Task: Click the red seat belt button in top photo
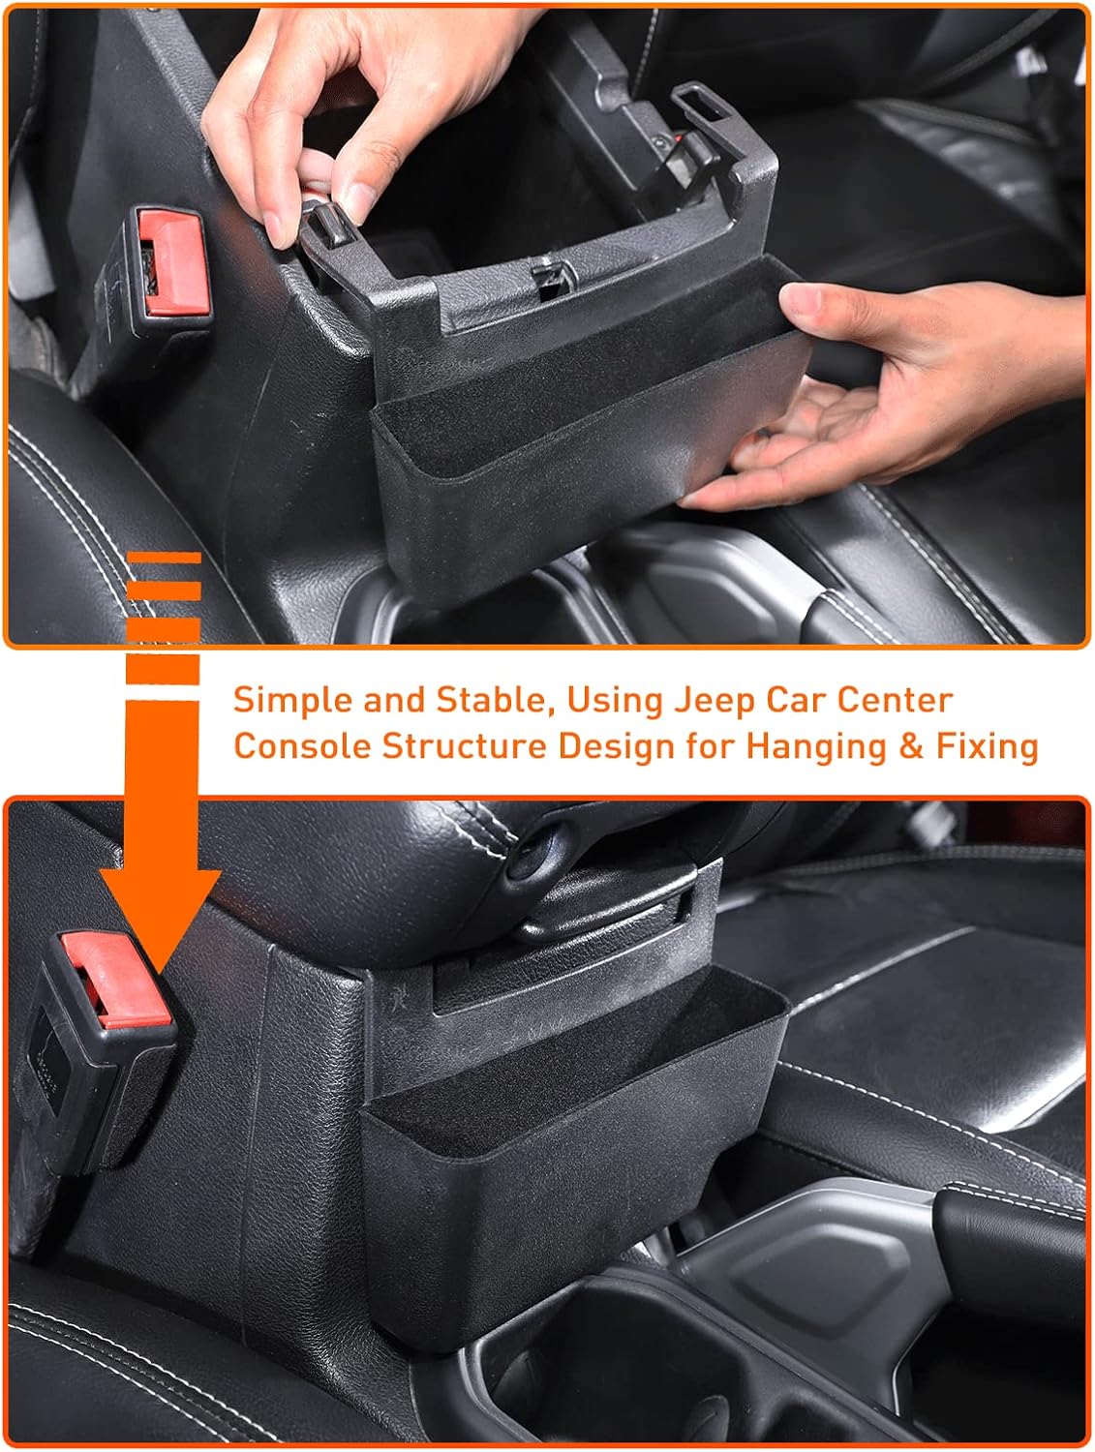(175, 263)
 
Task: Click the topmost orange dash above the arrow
(165, 557)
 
